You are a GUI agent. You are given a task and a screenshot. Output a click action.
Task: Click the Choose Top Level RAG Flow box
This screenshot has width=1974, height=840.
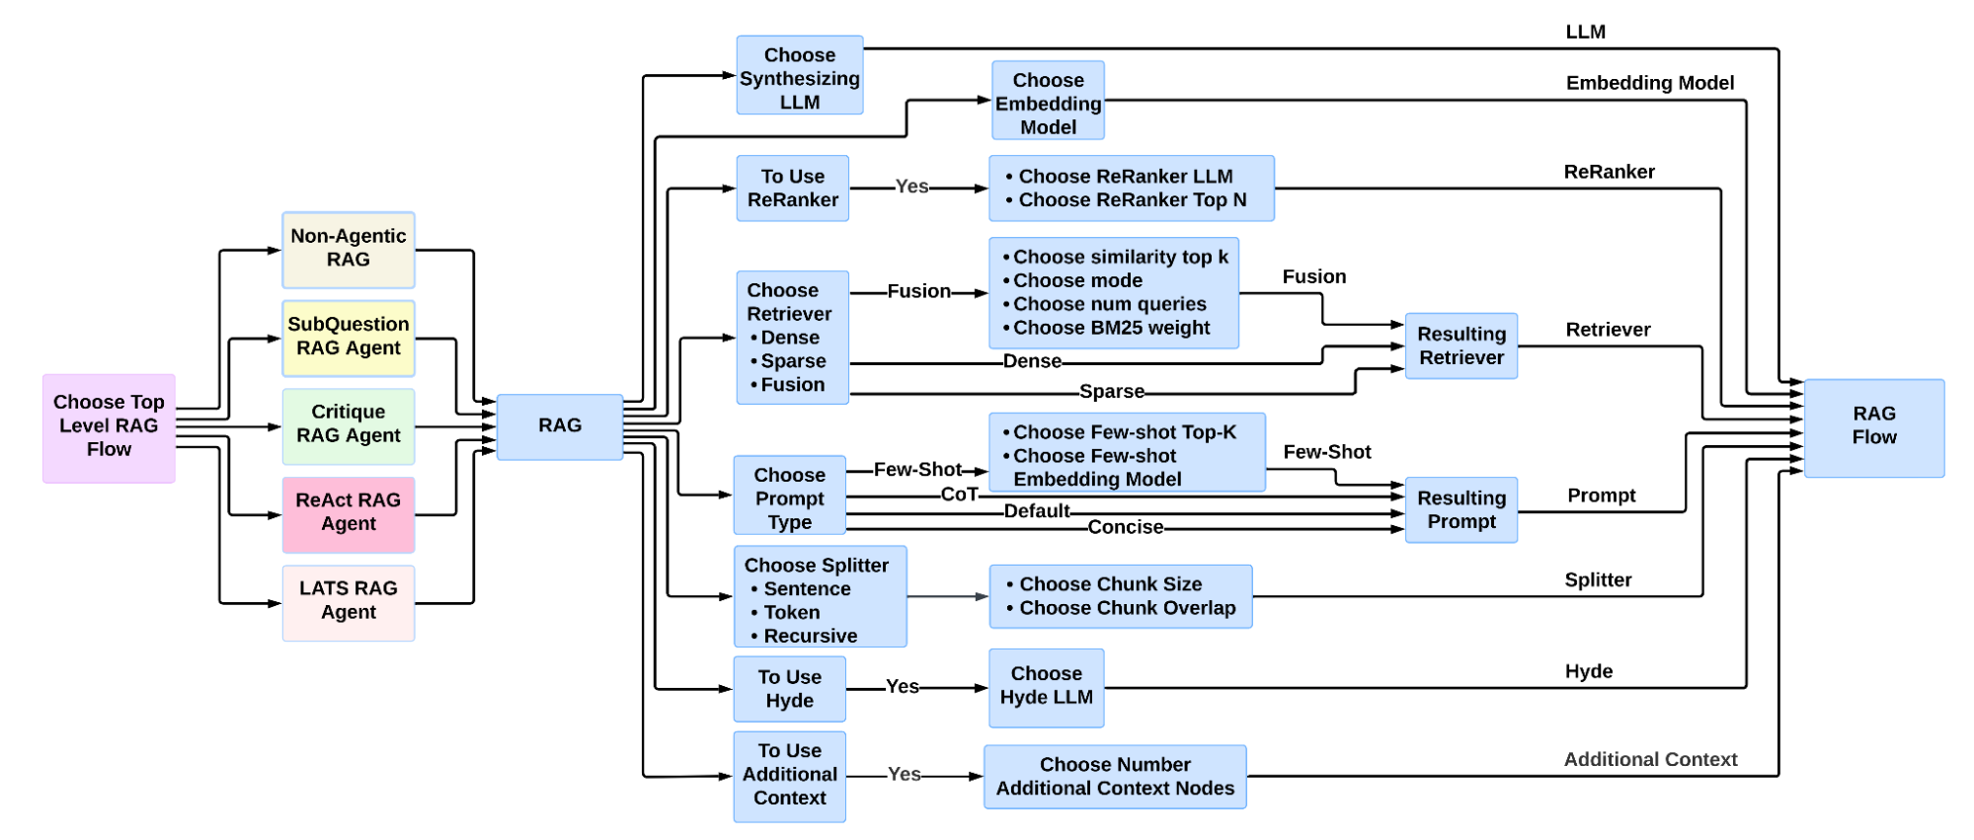pos(109,426)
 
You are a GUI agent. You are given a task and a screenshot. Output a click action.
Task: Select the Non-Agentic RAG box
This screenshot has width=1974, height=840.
pos(348,249)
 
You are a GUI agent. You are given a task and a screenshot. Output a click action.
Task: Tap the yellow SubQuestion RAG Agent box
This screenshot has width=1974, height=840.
pos(348,337)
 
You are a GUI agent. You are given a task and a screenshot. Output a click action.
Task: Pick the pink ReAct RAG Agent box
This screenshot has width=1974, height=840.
pos(348,512)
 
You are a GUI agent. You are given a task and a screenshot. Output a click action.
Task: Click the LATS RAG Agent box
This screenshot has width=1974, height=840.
pos(348,601)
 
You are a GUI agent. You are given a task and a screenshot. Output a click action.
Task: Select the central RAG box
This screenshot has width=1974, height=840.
pos(559,425)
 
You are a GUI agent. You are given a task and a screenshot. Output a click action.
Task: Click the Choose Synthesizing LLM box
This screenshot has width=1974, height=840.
pos(799,78)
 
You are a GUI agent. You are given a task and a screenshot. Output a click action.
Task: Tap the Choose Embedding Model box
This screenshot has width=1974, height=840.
pos(1048,103)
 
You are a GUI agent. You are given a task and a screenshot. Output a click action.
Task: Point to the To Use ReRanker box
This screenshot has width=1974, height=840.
pos(792,188)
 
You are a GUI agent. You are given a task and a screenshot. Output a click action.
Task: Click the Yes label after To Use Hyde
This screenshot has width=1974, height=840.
pos(902,687)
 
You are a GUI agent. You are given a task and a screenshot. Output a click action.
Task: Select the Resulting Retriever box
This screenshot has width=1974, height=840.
pos(1461,345)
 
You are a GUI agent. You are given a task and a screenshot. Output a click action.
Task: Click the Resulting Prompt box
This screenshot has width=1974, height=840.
pos(1461,509)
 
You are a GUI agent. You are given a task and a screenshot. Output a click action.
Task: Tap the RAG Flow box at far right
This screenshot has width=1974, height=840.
pos(1873,425)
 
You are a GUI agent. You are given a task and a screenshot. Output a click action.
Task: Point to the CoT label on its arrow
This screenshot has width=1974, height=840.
pos(959,495)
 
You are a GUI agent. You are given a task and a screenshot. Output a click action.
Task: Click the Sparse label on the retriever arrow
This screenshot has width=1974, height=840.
pos(1111,392)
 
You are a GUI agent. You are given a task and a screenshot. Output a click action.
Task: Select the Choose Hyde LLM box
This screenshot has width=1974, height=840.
pos(1046,686)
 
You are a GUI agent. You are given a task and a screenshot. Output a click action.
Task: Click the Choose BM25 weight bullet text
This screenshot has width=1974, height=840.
pos(1110,328)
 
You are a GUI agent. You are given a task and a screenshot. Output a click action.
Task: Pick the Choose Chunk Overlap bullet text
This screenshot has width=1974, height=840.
pos(1127,608)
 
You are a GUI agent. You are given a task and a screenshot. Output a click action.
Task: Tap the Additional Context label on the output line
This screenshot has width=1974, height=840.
pos(1649,759)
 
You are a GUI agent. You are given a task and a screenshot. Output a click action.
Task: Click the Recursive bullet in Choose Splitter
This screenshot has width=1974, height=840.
pos(810,636)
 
